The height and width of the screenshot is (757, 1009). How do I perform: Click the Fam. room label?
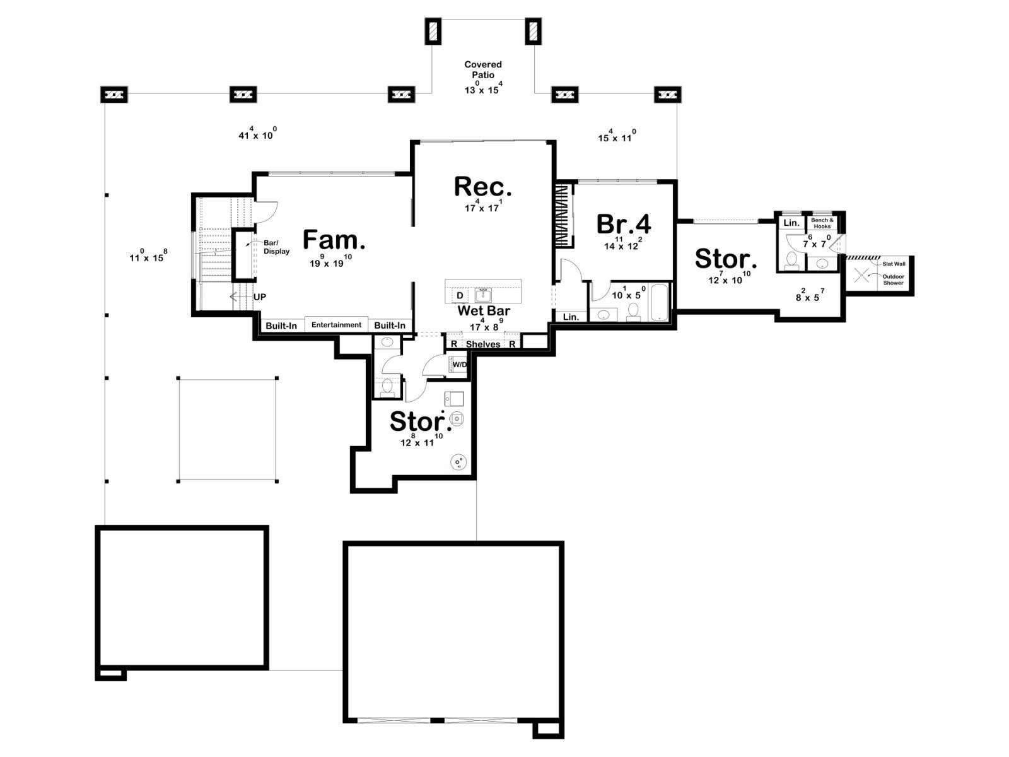(x=334, y=240)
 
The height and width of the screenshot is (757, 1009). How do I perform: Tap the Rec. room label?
(x=483, y=187)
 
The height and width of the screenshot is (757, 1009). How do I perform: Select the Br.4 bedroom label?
(x=624, y=224)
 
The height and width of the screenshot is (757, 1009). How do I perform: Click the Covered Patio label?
(x=483, y=69)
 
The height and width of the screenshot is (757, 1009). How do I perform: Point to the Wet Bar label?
(x=484, y=310)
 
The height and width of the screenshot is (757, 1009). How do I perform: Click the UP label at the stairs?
(x=259, y=297)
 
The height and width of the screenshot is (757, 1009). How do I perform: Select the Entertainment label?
(x=337, y=325)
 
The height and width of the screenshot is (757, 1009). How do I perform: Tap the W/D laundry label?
(x=460, y=365)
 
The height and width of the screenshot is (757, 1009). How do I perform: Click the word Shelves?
(x=483, y=344)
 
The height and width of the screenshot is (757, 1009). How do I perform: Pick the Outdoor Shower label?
(x=893, y=279)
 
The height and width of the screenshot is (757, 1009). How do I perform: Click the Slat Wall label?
(x=894, y=264)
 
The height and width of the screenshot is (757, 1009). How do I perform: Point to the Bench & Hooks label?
(x=822, y=223)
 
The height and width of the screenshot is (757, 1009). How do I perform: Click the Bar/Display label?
(x=276, y=247)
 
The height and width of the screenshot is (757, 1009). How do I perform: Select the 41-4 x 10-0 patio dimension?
(x=257, y=134)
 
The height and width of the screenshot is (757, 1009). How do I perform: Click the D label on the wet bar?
(x=460, y=295)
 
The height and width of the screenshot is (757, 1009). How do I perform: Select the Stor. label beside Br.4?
(x=726, y=259)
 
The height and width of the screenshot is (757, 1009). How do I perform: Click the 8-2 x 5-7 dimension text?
(x=810, y=296)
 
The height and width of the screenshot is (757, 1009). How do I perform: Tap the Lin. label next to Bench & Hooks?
(x=791, y=223)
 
